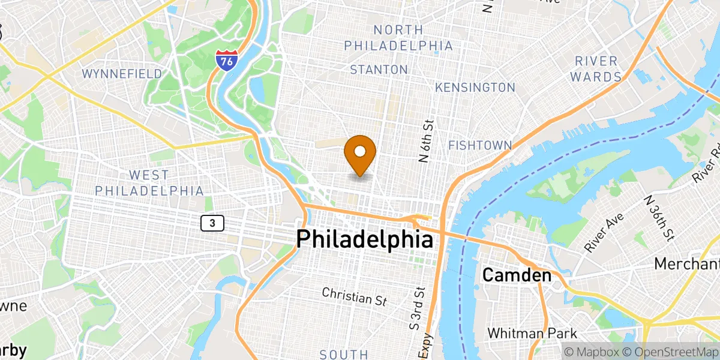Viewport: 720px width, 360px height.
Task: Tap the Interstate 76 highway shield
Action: click(x=226, y=60)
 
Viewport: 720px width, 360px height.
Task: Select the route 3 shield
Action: click(x=212, y=223)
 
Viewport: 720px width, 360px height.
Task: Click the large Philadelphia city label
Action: click(x=364, y=239)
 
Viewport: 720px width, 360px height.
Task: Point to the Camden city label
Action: click(x=517, y=275)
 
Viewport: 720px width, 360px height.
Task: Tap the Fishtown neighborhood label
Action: click(x=480, y=145)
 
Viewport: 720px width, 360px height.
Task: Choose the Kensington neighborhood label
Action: click(x=475, y=88)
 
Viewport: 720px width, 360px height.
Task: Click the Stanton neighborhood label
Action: click(x=379, y=70)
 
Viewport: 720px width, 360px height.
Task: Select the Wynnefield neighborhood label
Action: click(x=122, y=74)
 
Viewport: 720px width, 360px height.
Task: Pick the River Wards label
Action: click(x=596, y=68)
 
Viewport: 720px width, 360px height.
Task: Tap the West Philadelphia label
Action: click(x=149, y=182)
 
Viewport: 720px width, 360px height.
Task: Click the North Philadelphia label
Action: click(x=398, y=37)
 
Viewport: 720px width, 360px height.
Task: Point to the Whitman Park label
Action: click(x=532, y=333)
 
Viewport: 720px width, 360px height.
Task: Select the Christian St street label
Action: click(x=354, y=296)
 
